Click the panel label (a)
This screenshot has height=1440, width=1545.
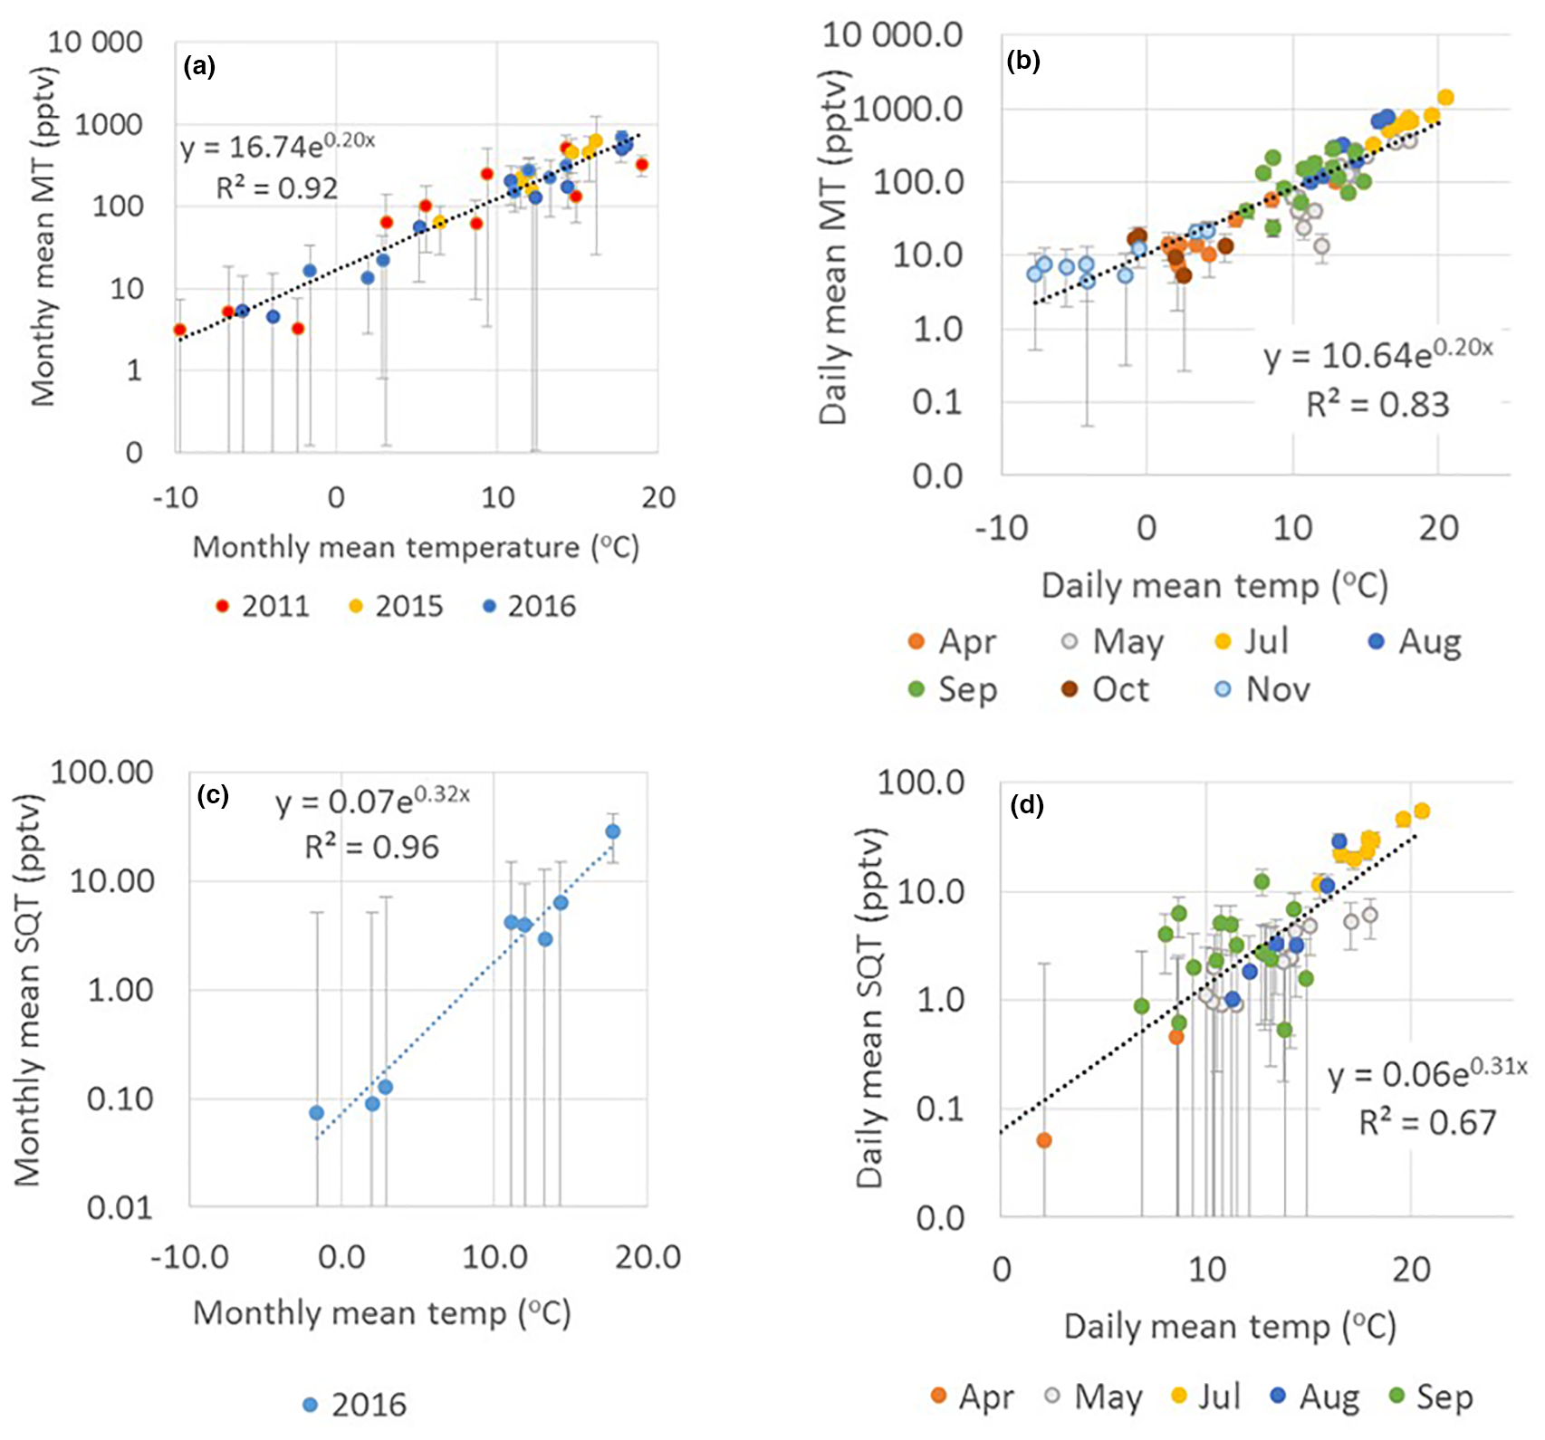coord(198,66)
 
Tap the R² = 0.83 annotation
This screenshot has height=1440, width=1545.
coord(1377,404)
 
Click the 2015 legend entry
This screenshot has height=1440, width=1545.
coord(396,606)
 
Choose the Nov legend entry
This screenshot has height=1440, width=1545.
coord(1262,690)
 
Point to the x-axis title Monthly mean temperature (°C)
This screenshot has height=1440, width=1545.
coord(416,547)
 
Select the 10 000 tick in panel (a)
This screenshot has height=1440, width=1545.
coord(95,42)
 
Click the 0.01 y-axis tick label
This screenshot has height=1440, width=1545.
coord(120,1207)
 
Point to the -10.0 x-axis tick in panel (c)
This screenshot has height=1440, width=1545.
coord(189,1257)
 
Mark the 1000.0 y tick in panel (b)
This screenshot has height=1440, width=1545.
coord(907,109)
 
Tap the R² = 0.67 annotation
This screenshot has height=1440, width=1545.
coord(1427,1123)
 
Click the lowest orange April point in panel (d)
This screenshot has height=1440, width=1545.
coord(1043,1140)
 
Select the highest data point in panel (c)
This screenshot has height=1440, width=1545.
coord(613,831)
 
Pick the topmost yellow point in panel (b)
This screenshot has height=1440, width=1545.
coord(1445,98)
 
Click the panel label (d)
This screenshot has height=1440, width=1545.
coord(1026,805)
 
